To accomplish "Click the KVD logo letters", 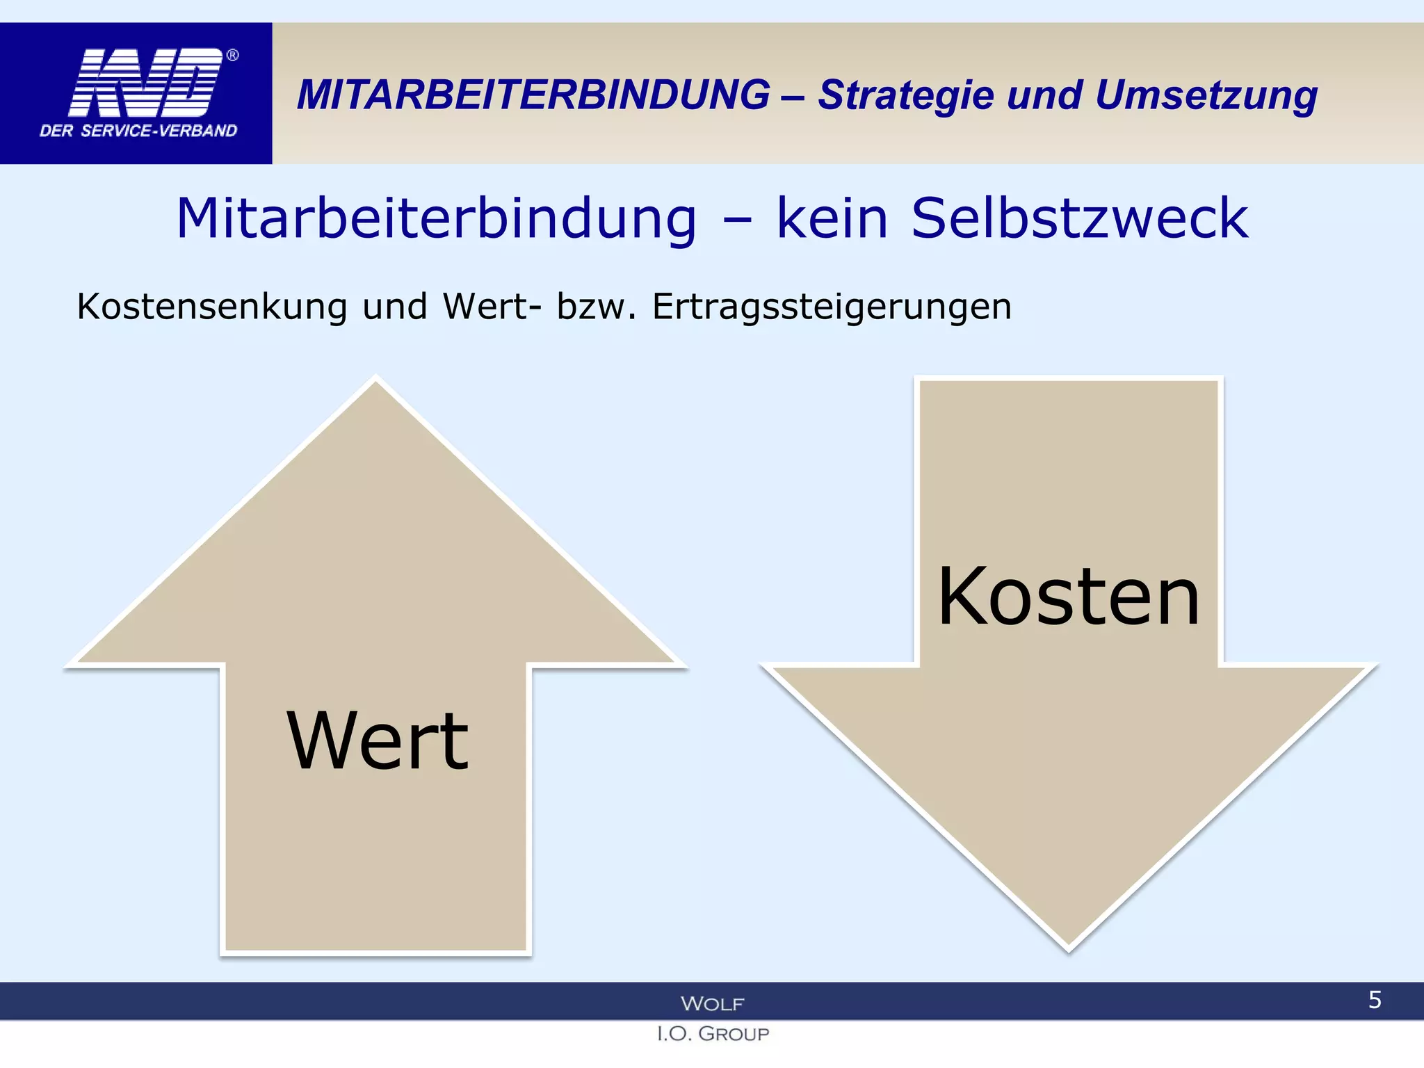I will (146, 82).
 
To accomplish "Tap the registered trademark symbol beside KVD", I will (233, 55).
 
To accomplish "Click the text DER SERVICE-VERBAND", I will (138, 131).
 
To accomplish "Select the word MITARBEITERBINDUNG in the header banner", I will (533, 95).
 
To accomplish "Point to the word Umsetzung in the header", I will (1206, 96).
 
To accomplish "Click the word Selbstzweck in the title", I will (1079, 218).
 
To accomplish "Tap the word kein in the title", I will (832, 218).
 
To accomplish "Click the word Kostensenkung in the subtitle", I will (211, 307).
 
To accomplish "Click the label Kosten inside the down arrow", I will (1069, 597).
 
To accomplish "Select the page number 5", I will (1375, 1000).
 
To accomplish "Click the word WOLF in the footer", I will (712, 1003).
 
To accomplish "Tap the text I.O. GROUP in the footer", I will (713, 1034).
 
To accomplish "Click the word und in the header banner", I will (1044, 95).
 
